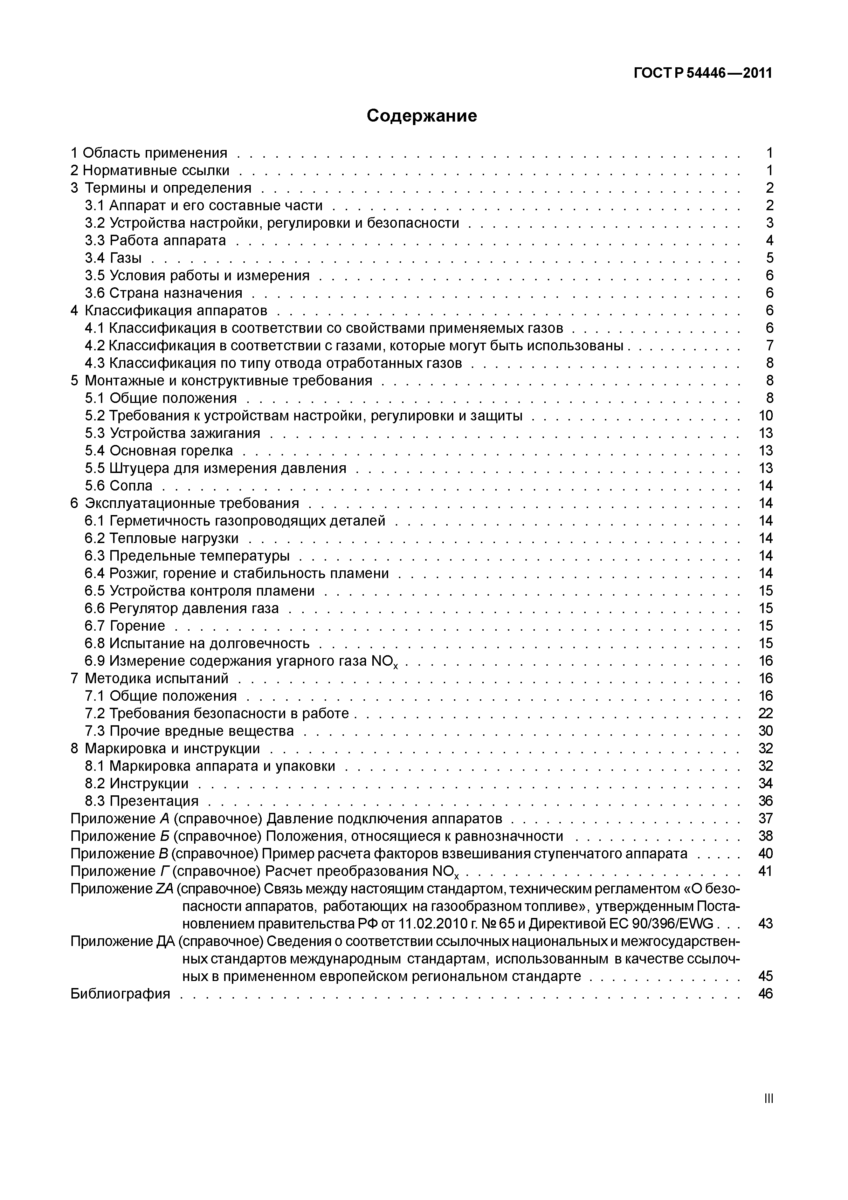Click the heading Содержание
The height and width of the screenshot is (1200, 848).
pos(422,116)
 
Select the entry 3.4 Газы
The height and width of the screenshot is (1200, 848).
pos(113,258)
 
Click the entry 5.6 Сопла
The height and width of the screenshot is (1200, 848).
pos(119,486)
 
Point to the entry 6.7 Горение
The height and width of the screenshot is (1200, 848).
pos(125,626)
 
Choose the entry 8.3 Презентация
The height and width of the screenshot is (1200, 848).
pos(142,801)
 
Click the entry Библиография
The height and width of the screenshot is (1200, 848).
pos(120,994)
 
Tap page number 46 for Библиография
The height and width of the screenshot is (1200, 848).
pos(765,994)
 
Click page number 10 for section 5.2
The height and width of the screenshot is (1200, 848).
pos(765,416)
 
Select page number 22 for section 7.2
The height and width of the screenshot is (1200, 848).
pos(765,713)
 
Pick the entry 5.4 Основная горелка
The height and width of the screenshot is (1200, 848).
pos(159,451)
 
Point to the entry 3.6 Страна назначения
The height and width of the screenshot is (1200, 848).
pos(164,293)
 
